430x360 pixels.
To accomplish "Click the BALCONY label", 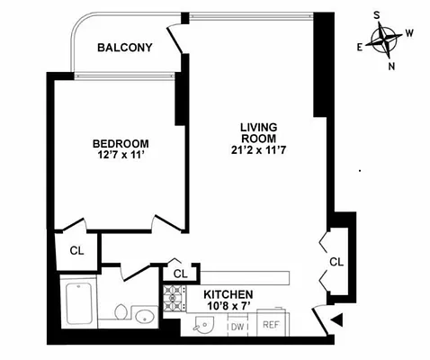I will click(124, 48).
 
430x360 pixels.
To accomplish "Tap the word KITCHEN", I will click(228, 294).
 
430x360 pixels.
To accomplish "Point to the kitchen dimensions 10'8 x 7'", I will click(228, 307).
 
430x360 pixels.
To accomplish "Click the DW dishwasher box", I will click(237, 326).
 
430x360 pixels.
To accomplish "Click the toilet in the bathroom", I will click(114, 313).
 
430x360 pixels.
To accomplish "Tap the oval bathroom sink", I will click(144, 316).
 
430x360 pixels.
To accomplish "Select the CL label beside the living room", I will click(336, 262).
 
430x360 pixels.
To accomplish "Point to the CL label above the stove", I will click(180, 273).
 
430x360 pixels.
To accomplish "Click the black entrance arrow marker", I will click(336, 319).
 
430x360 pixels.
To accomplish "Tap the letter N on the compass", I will click(391, 66).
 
